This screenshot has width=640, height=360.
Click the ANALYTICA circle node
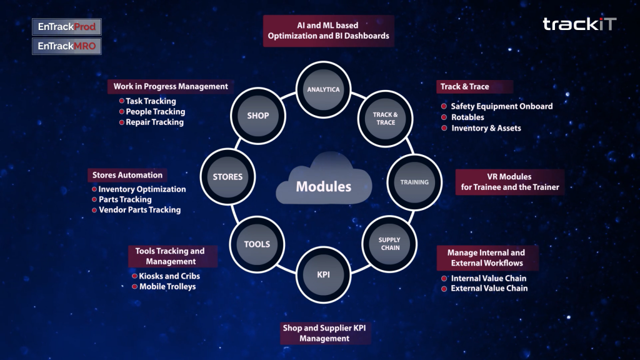pyautogui.click(x=323, y=89)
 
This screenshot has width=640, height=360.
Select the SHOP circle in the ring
pyautogui.click(x=258, y=116)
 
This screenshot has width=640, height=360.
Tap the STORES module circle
pyautogui.click(x=227, y=177)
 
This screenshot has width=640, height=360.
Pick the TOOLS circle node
pyautogui.click(x=257, y=244)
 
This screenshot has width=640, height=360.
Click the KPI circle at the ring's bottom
pyautogui.click(x=323, y=275)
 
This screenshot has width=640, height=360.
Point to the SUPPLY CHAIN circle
pyautogui.click(x=389, y=244)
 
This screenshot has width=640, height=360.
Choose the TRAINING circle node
pyautogui.click(x=414, y=182)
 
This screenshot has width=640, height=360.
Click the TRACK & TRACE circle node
pyautogui.click(x=385, y=118)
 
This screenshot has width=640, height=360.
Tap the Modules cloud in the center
pyautogui.click(x=324, y=179)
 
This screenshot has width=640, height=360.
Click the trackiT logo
pyautogui.click(x=579, y=24)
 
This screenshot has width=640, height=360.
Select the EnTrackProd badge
pyautogui.click(x=67, y=27)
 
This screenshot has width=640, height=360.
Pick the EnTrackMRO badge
pyautogui.click(x=67, y=46)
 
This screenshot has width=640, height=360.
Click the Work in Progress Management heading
pyautogui.click(x=171, y=86)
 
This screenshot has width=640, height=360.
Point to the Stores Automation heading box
pyautogui.click(x=127, y=175)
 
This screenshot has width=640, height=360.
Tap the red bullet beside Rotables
pyautogui.click(x=444, y=117)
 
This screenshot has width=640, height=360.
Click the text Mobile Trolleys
pyautogui.click(x=167, y=286)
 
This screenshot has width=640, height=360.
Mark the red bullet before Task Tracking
pyautogui.click(x=122, y=101)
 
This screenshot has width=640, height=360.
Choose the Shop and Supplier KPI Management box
pyautogui.click(x=325, y=333)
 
